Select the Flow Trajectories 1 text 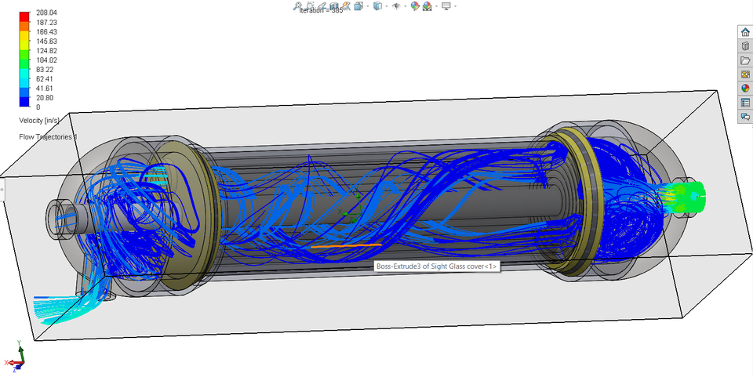click(48, 137)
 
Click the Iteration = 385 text click(321, 11)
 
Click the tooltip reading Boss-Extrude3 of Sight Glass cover click(436, 266)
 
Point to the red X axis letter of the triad click(6, 363)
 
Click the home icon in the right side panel click(745, 32)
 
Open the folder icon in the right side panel click(745, 60)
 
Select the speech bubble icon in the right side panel click(745, 117)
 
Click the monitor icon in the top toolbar click(446, 6)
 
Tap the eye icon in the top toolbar click(396, 6)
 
